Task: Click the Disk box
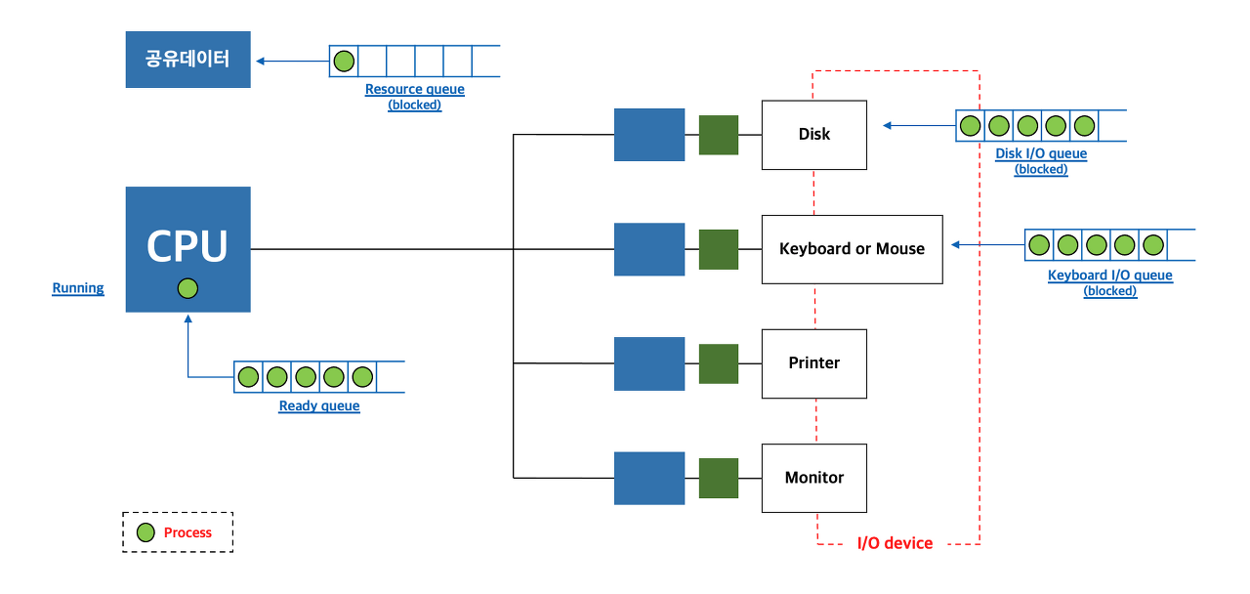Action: [x=813, y=134]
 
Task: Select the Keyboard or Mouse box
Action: [x=852, y=249]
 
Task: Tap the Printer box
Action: [x=813, y=363]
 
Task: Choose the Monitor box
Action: [x=813, y=478]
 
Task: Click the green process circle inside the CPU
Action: [x=188, y=288]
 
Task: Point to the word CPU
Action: [x=187, y=246]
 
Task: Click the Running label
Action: [x=78, y=288]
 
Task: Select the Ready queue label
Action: [x=319, y=406]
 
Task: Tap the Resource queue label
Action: [x=414, y=90]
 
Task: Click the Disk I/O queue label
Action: [x=1041, y=153]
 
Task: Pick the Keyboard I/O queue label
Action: [x=1109, y=276]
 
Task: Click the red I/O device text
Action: [x=895, y=543]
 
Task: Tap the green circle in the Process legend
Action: [x=146, y=532]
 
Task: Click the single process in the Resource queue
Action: [x=344, y=62]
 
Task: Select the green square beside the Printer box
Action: [x=719, y=363]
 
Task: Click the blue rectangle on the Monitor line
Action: [x=649, y=478]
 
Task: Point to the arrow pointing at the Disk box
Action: [x=918, y=125]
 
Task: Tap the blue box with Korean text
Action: [x=187, y=60]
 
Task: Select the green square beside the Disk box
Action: [x=719, y=135]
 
